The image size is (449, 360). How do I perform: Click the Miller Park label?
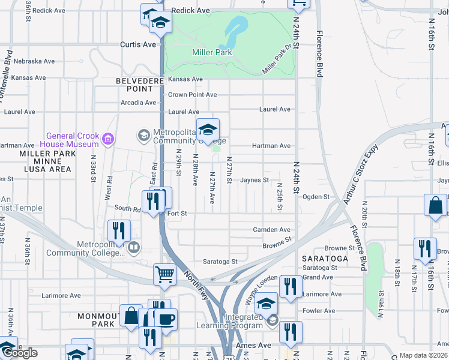212,52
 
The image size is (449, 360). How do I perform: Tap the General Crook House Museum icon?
108,140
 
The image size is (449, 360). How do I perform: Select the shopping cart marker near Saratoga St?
164,274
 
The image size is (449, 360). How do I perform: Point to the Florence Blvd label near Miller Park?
319,52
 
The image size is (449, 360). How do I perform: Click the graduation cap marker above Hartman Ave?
208,130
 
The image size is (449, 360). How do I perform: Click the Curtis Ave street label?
138,44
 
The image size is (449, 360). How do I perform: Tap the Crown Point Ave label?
192,95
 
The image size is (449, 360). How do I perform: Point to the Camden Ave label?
271,230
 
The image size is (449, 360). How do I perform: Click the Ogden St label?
316,197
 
